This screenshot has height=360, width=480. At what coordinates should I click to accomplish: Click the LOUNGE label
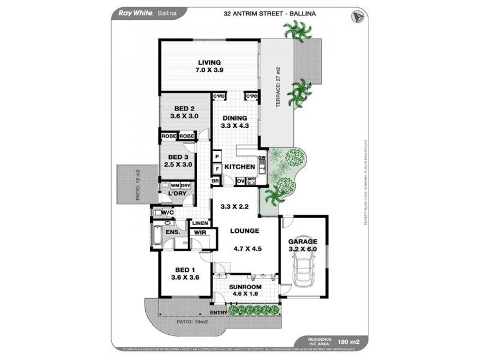click(244, 231)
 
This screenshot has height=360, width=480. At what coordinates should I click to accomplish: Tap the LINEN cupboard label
click(200, 223)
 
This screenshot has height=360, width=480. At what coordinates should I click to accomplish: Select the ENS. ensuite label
click(173, 232)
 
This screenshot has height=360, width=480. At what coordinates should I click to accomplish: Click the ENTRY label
click(218, 313)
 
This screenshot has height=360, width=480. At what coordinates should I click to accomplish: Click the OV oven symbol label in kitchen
click(241, 181)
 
